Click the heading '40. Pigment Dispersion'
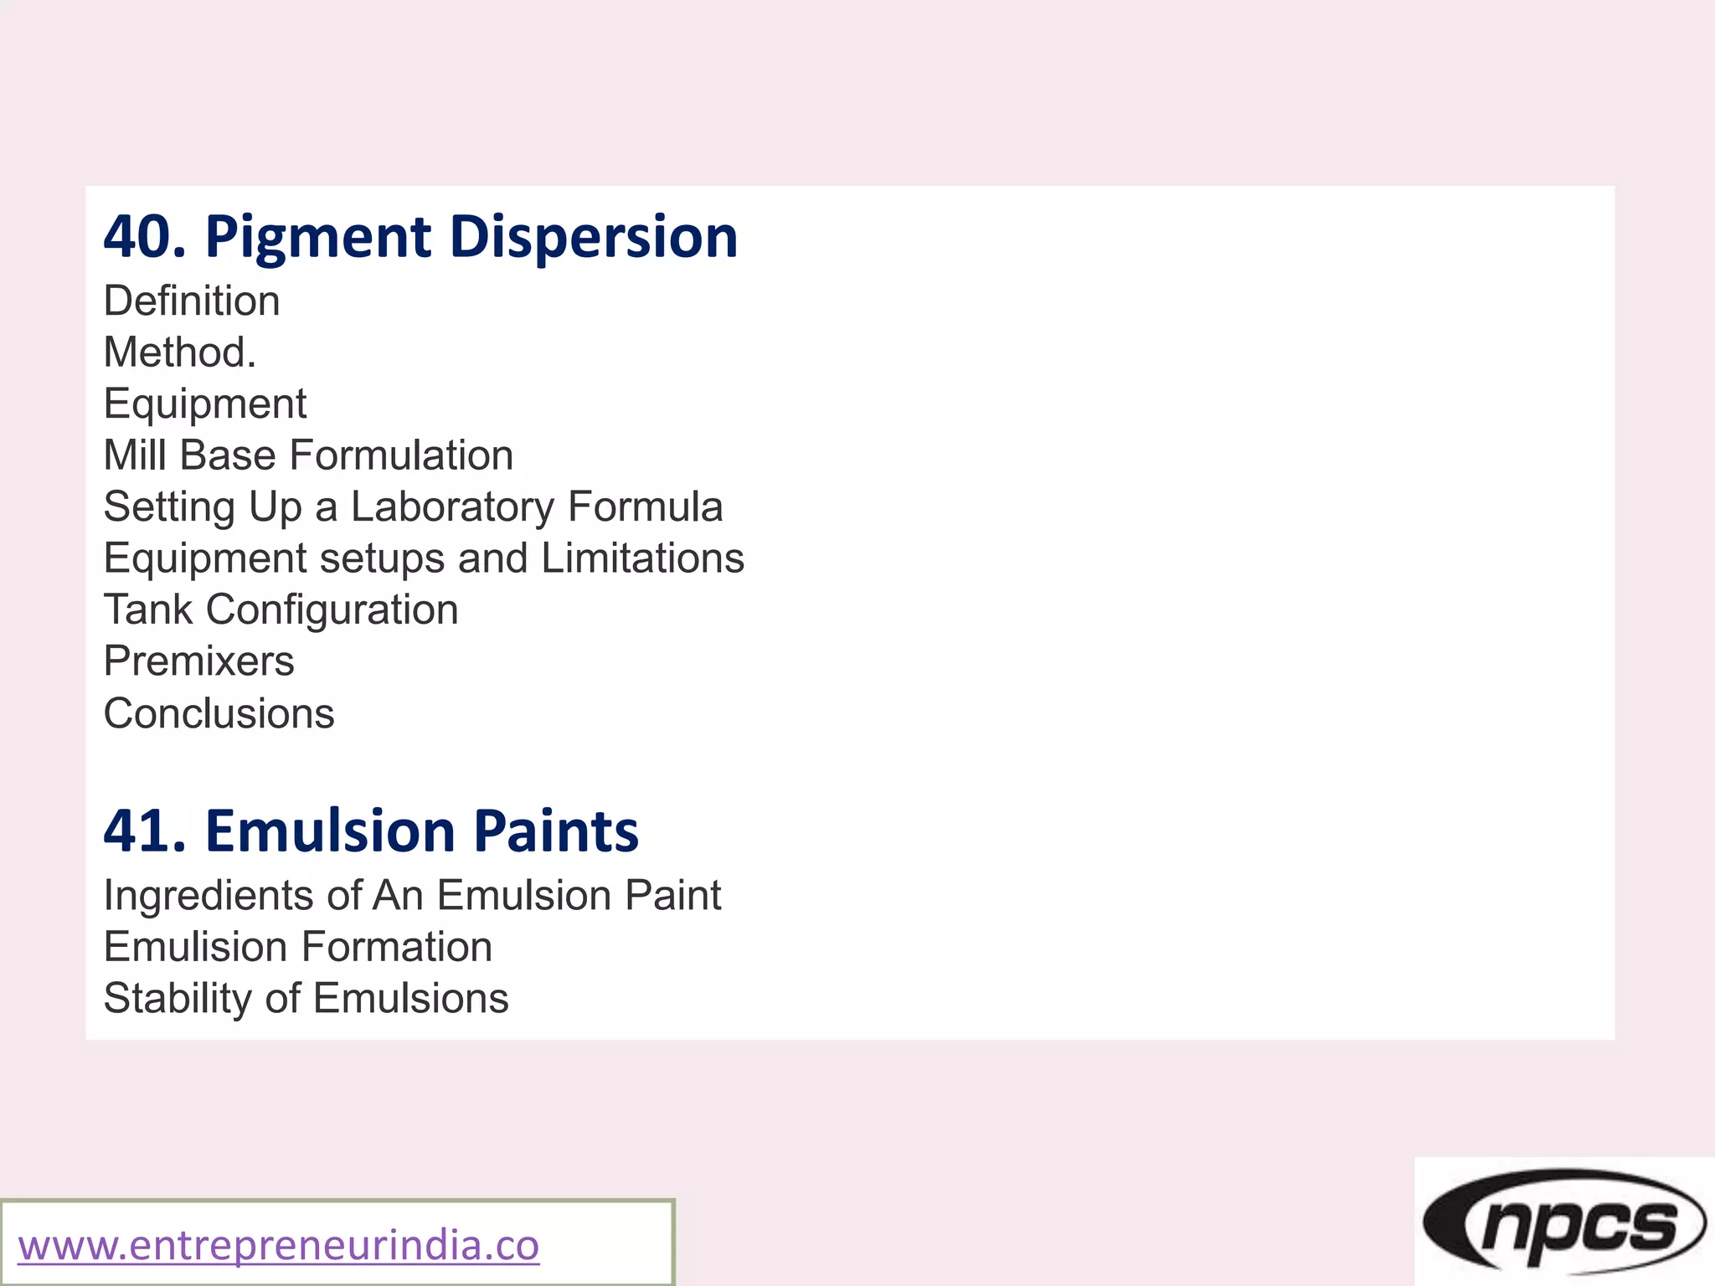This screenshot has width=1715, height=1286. [420, 237]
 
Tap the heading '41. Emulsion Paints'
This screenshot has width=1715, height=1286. [371, 831]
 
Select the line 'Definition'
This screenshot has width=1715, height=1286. [192, 301]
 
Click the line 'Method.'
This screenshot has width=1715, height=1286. [180, 352]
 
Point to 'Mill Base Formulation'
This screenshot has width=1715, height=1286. [308, 455]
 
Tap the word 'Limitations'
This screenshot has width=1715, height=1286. [642, 558]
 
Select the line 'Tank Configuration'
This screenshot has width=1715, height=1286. [281, 610]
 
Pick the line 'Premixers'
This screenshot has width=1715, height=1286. [198, 661]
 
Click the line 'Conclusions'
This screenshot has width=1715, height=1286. [219, 714]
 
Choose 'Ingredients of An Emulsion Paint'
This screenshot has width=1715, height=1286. [412, 895]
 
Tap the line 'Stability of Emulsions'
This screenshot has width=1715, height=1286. [306, 999]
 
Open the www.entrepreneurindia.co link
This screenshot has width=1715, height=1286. [279, 1245]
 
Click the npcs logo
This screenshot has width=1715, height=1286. [1563, 1222]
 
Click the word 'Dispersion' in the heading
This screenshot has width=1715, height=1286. [593, 237]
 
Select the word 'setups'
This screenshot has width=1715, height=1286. [382, 558]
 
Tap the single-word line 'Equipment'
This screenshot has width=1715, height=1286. [205, 404]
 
